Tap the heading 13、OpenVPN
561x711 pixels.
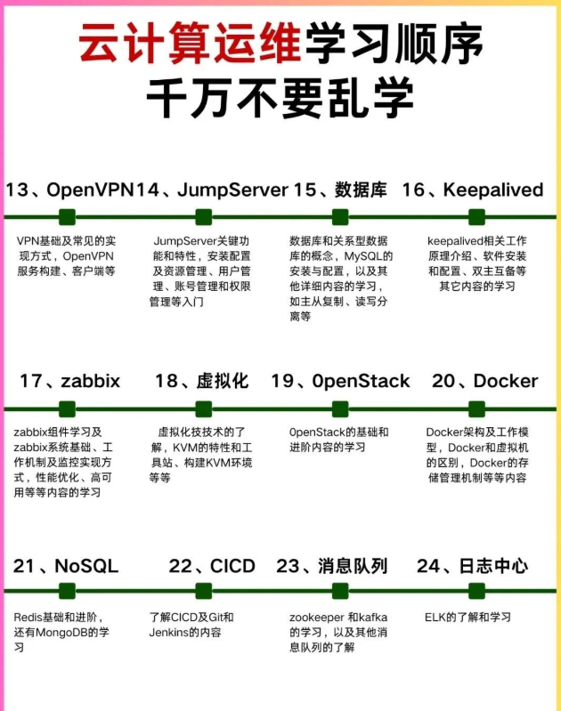tap(71, 190)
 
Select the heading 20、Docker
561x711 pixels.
tap(484, 381)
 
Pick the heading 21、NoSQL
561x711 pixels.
tap(66, 566)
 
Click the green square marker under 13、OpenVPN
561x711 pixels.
tap(67, 216)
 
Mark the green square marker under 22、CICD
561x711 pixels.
tap(204, 591)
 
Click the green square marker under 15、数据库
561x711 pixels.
tap(339, 216)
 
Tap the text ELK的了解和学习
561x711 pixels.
tap(467, 617)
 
